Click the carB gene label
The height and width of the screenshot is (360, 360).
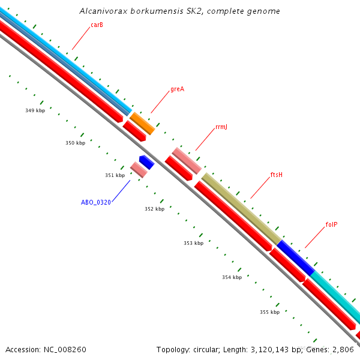[x=97, y=25]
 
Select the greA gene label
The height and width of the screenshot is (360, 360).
[x=177, y=89]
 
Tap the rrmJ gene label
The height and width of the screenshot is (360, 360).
[x=221, y=127]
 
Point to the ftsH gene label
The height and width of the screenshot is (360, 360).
[x=276, y=175]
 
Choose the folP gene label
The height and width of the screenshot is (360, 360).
[x=331, y=224]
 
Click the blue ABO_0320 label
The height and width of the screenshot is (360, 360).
[x=96, y=202]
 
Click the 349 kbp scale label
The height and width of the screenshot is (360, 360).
[x=35, y=110]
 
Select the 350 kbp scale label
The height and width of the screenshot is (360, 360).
[x=75, y=143]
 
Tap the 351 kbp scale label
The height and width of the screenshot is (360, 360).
[x=115, y=175]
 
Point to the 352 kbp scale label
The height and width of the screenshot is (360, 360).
[x=154, y=209]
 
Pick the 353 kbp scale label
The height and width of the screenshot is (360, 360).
[x=193, y=243]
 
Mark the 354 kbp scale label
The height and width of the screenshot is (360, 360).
[x=232, y=277]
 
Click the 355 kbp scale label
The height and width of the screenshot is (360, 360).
[x=269, y=312]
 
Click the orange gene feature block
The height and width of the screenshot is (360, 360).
[x=143, y=123]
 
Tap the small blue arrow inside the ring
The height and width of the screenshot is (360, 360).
[x=146, y=162]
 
